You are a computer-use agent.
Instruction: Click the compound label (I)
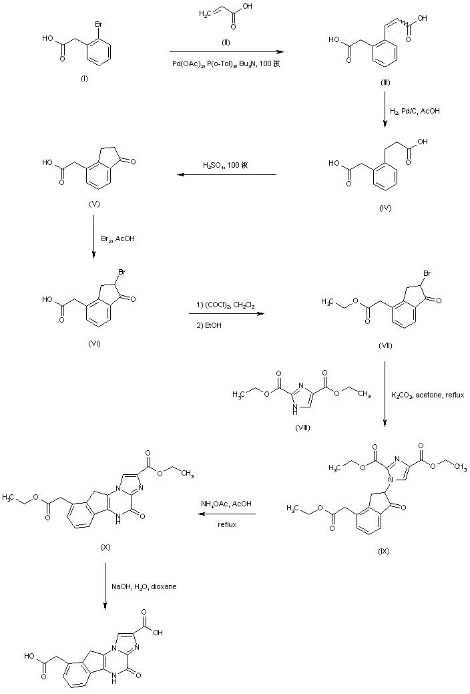(84, 79)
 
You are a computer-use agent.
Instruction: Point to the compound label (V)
(93, 202)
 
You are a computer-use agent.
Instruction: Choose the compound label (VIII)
(302, 426)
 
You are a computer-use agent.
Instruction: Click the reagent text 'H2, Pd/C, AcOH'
(416, 110)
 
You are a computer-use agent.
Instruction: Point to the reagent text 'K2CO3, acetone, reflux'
(428, 395)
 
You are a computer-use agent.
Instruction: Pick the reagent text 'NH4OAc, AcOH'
(226, 504)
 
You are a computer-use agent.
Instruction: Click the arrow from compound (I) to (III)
(224, 51)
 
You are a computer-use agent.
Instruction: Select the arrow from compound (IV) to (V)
(227, 175)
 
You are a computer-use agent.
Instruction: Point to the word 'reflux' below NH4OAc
(227, 524)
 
